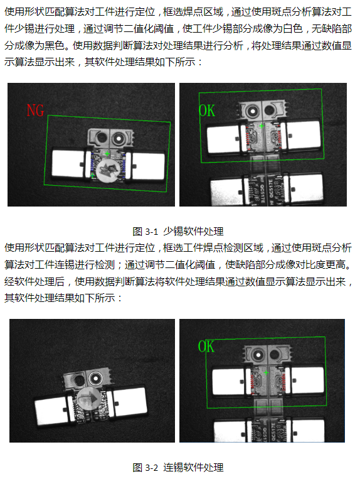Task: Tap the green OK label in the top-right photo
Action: click(x=206, y=111)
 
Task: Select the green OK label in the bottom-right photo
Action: click(x=206, y=346)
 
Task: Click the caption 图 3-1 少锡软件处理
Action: click(x=179, y=231)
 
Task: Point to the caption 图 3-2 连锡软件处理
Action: click(x=179, y=467)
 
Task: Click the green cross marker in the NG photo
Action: click(x=107, y=154)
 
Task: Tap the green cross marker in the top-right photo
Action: click(x=262, y=126)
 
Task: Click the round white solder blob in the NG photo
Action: click(x=108, y=169)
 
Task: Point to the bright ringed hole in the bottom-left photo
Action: click(x=95, y=379)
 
